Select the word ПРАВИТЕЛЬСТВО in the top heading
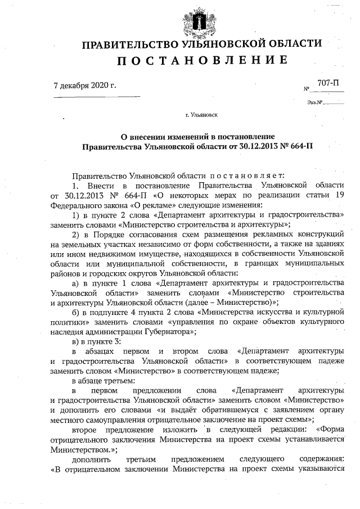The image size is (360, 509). point(124,44)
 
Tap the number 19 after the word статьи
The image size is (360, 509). point(339,195)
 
